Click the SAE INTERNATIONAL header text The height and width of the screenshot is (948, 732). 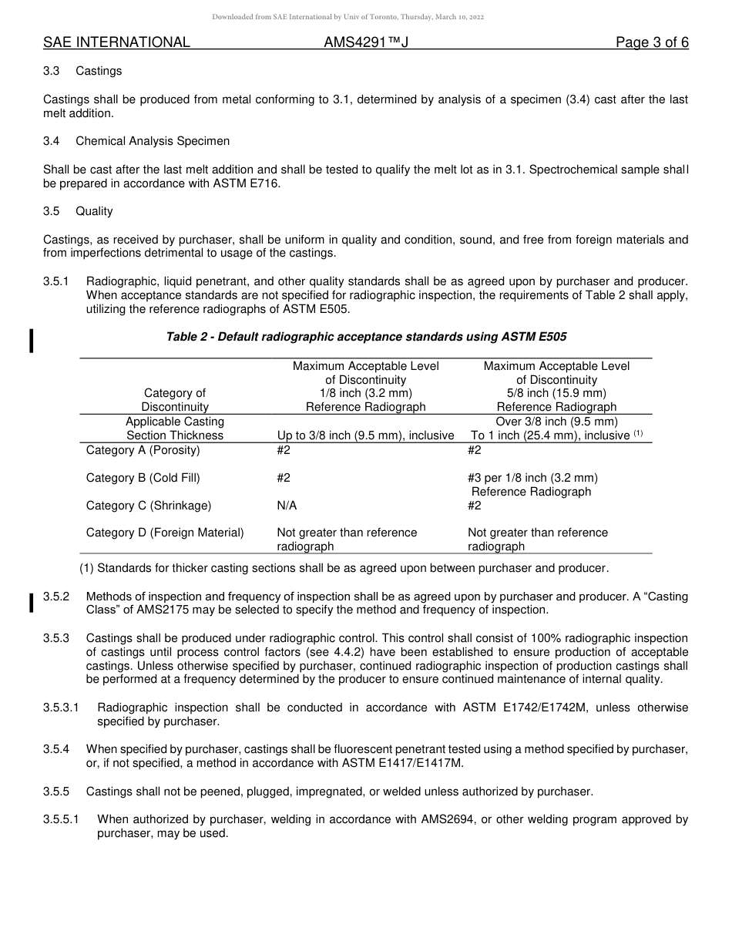pos(116,42)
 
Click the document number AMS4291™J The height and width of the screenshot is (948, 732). pos(365,42)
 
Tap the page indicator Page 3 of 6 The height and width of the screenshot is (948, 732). pos(652,42)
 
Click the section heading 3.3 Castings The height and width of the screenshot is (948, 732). pos(83,71)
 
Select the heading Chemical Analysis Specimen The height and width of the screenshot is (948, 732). pos(153,141)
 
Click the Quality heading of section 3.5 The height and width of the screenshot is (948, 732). pos(94,211)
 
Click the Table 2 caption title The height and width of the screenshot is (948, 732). pos(367,337)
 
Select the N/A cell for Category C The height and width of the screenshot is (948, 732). pos(287,506)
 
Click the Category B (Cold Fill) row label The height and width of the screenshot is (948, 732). pos(143,478)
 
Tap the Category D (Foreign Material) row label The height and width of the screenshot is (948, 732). pos(164,533)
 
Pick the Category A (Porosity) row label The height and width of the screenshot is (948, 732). pos(143,450)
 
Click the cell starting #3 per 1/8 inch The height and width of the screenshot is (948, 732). pos(532,478)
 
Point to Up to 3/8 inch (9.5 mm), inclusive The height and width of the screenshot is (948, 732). pos(365,435)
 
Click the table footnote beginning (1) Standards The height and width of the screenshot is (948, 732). pos(344,569)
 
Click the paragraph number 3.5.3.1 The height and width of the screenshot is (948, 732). pos(62,708)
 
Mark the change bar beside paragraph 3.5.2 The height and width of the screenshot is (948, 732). pos(32,603)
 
